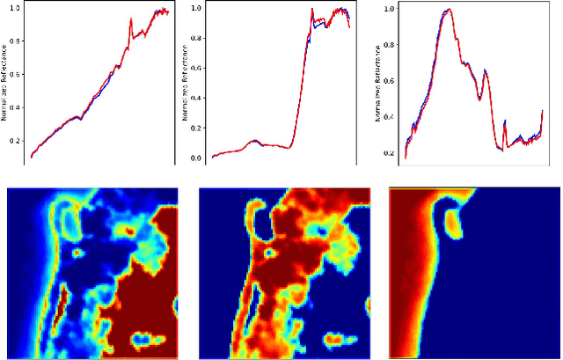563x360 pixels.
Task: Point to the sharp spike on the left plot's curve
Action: click(130, 19)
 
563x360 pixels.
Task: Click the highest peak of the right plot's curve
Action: click(449, 10)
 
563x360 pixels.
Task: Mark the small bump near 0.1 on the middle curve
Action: click(254, 140)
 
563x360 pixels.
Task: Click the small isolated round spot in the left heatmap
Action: click(77, 252)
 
